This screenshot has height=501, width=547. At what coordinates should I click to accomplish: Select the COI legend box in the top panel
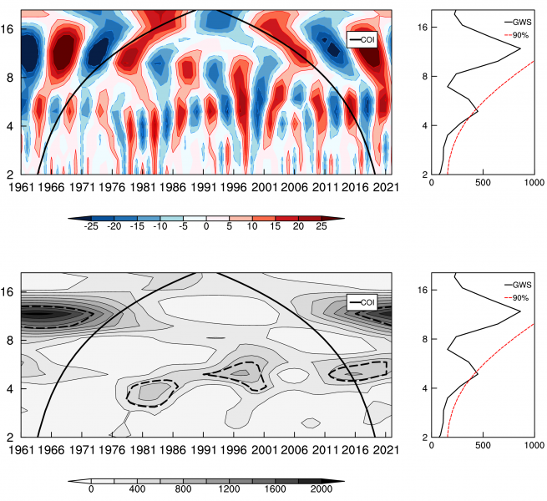click(x=362, y=39)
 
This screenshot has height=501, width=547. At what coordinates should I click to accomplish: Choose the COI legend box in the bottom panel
click(x=362, y=301)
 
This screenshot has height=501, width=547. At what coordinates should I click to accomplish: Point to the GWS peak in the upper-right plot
click(x=520, y=49)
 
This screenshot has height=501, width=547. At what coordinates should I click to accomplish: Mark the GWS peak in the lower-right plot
click(x=520, y=311)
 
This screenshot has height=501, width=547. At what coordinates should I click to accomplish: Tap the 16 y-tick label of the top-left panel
click(x=8, y=28)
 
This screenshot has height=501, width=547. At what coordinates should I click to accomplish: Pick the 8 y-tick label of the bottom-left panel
click(x=10, y=340)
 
